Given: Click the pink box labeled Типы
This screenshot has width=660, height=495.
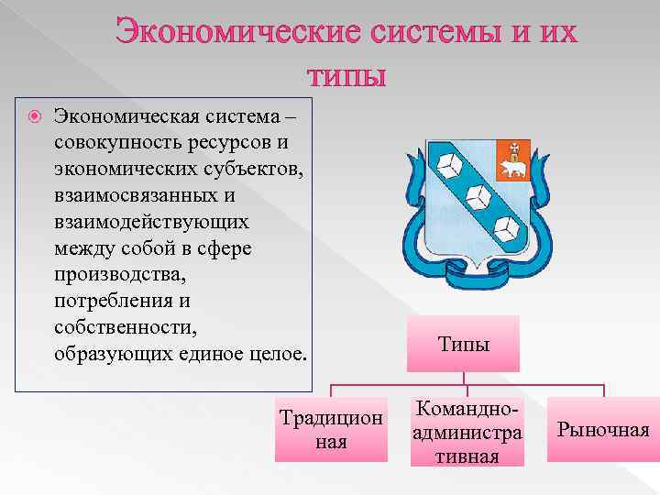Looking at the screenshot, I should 464,345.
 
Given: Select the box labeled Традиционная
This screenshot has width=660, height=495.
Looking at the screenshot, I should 331,429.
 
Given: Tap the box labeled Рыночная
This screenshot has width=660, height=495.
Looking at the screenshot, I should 604,429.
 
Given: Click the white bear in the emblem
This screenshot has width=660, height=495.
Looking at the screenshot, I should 511,167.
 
